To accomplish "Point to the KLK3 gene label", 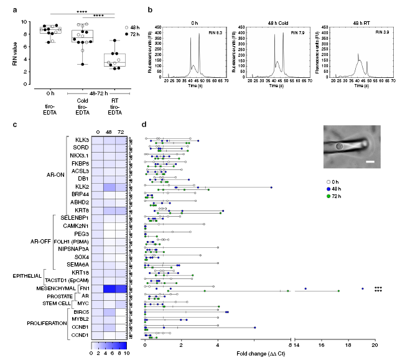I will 80,139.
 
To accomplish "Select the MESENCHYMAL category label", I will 51,288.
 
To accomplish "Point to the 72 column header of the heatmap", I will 121,131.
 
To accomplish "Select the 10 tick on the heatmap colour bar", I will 126,353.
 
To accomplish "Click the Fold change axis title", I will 258,354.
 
